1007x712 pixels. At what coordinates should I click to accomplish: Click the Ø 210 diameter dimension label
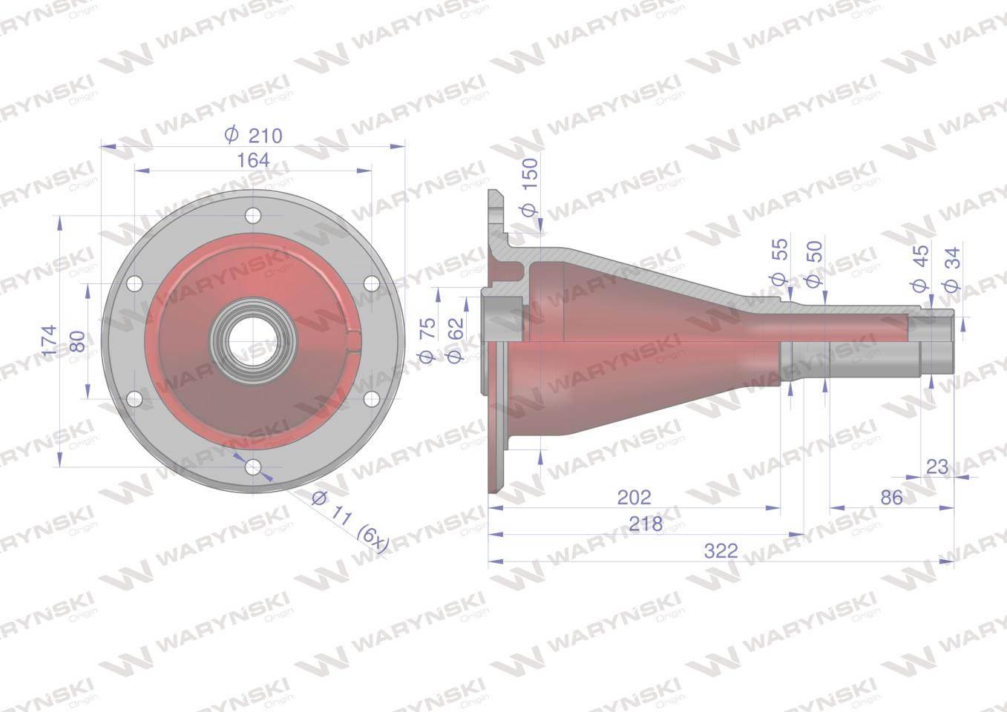click(x=253, y=135)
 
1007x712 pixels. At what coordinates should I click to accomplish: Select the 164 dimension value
click(x=253, y=160)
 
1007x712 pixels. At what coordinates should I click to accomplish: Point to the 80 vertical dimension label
click(x=78, y=341)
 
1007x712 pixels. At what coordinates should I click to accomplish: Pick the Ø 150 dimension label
click(x=529, y=188)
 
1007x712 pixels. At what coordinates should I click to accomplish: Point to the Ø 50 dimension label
click(x=814, y=264)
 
